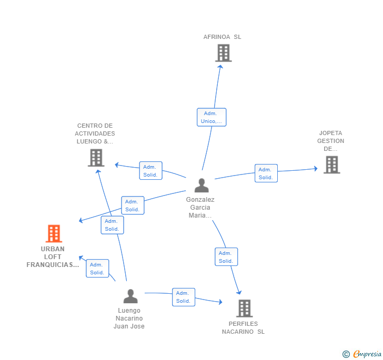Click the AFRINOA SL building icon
click(x=224, y=53)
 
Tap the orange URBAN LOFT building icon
click(x=54, y=233)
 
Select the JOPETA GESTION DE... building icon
click(x=331, y=164)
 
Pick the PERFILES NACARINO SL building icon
click(x=245, y=308)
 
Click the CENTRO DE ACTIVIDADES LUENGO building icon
click(x=96, y=158)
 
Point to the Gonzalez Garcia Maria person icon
click(x=201, y=185)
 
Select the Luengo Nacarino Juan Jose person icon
click(x=130, y=296)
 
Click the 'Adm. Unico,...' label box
click(x=211, y=117)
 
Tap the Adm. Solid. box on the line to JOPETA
click(x=266, y=173)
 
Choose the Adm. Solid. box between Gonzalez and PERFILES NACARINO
click(x=226, y=257)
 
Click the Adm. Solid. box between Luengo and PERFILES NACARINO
click(x=184, y=297)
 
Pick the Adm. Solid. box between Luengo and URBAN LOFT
click(x=97, y=269)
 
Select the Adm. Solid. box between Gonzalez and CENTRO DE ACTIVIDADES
click(x=150, y=171)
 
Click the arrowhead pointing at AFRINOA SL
click(x=220, y=67)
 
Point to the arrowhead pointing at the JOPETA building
click(x=316, y=168)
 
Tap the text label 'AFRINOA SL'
click(x=222, y=37)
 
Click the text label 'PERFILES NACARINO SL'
click(x=243, y=328)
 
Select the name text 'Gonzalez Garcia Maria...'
click(x=200, y=208)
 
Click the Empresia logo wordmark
click(x=367, y=354)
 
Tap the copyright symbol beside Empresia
click(x=346, y=354)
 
